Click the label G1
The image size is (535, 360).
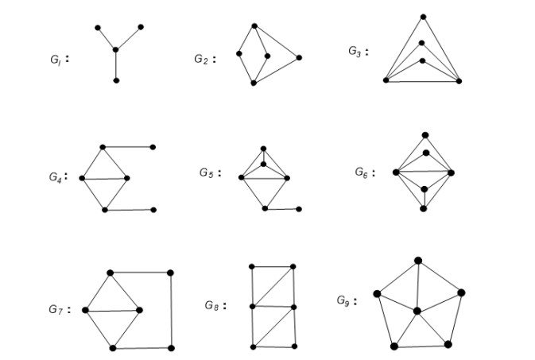point(56,59)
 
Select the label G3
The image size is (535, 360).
point(355,52)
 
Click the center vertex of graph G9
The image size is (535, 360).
point(416,310)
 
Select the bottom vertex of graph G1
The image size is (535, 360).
point(116,80)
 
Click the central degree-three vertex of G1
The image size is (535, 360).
point(116,50)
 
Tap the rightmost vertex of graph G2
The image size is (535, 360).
point(299,57)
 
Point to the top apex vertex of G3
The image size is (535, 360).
point(423,16)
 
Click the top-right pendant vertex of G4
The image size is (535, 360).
point(153,147)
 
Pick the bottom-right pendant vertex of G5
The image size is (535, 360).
point(299,209)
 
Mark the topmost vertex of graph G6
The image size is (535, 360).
point(425,135)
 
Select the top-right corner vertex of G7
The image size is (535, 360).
point(171,273)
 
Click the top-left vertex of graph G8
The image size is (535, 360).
point(252,266)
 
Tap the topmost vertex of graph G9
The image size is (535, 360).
point(418,260)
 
